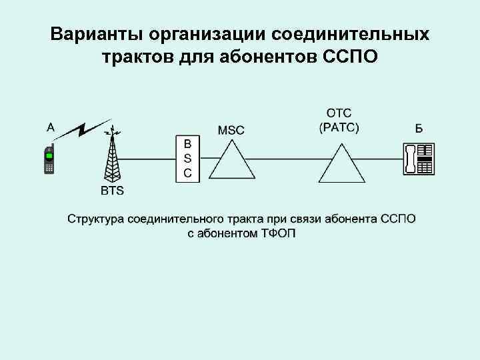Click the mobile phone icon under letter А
49,159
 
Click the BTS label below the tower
112,192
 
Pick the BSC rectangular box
187,159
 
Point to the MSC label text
230,129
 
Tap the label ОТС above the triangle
339,113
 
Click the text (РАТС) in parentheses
339,128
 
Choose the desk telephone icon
419,159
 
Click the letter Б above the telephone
419,129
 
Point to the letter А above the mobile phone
51,125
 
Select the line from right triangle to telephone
383,159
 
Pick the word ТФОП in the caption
275,233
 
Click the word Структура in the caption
95,219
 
